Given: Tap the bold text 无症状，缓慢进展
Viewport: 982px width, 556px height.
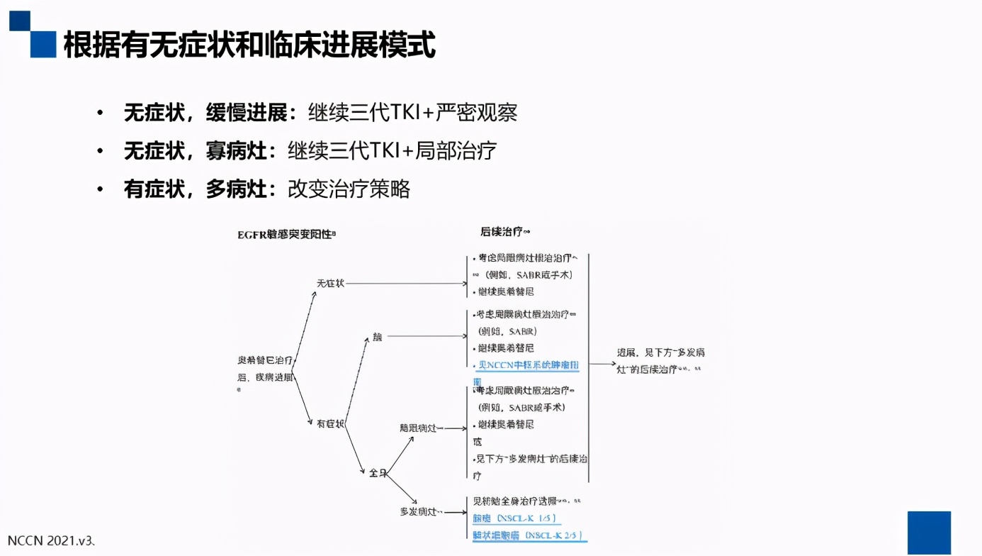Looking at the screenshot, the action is [x=205, y=113].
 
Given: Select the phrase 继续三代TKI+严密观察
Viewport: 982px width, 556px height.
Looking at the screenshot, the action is [x=412, y=113].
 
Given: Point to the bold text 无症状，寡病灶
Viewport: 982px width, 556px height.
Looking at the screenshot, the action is [x=196, y=150].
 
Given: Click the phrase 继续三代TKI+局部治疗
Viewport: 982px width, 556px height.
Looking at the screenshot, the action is [x=392, y=150].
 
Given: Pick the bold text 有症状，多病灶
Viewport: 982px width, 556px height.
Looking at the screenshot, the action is [x=196, y=189].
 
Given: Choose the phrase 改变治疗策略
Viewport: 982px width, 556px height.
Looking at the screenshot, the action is [x=349, y=189].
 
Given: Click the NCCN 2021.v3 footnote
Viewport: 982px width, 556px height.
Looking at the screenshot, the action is [x=50, y=540].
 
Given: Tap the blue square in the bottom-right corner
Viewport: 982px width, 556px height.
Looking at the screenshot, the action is [x=929, y=532].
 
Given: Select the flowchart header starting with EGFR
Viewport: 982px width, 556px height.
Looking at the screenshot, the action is [x=286, y=234].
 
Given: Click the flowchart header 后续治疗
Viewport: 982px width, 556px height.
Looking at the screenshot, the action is [x=504, y=232].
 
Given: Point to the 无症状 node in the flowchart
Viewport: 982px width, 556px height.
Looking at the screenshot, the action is [x=330, y=283].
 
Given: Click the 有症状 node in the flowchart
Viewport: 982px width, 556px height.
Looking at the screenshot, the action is [x=330, y=423].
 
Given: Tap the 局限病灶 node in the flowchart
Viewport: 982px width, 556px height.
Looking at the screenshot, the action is [x=421, y=428].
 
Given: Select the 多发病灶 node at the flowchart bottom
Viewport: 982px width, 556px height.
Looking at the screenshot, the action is [x=421, y=511].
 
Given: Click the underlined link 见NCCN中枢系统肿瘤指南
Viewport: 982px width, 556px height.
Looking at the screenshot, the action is [x=528, y=366].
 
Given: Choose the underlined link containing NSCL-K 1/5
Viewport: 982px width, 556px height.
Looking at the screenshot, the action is [x=514, y=518].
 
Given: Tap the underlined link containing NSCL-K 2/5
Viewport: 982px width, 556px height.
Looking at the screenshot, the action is [x=528, y=535].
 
